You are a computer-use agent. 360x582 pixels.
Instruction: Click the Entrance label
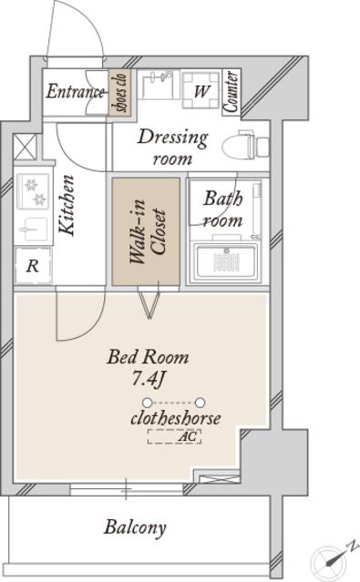point(75,92)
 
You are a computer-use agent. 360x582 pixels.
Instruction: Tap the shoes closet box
point(120,92)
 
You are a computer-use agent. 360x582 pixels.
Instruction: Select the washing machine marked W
point(201,89)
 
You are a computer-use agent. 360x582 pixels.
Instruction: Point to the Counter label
point(231,91)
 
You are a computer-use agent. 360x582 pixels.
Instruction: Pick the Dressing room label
point(173,147)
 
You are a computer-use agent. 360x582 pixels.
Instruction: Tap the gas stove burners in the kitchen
point(33,191)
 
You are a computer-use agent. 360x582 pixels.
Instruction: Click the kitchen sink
point(33,229)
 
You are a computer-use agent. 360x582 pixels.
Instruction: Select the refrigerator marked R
point(33,265)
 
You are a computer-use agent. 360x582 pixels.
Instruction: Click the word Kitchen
point(67,205)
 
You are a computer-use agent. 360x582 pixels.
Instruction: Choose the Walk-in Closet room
point(147,231)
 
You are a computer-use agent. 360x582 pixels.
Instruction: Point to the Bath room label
point(222,209)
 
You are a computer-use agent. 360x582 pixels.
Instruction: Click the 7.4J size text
point(149,379)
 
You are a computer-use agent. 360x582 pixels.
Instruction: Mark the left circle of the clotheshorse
point(148,403)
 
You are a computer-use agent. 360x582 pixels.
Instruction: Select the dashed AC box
point(174,436)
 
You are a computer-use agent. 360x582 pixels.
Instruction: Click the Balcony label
point(135,527)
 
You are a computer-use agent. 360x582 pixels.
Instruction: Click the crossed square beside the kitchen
point(26,147)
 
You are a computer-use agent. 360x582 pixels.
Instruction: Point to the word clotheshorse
point(176,418)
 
